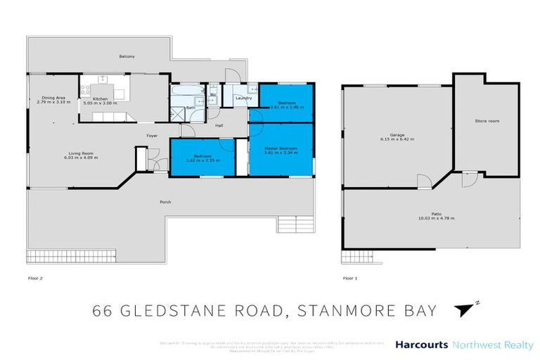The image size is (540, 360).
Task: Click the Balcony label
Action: tap(127, 56)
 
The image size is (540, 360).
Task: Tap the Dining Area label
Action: tap(53, 98)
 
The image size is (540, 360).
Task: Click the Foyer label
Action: tap(151, 134)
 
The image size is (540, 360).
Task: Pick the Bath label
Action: tap(191, 108)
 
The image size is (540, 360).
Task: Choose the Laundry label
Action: tap(244, 98)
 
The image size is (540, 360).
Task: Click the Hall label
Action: tap(219, 126)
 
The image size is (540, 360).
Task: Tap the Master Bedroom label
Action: tap(281, 148)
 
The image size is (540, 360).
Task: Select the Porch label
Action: tap(165, 202)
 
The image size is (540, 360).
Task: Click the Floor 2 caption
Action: tap(35, 278)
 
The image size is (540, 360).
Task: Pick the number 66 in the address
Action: tap(103, 310)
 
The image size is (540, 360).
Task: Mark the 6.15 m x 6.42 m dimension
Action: tap(397, 140)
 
